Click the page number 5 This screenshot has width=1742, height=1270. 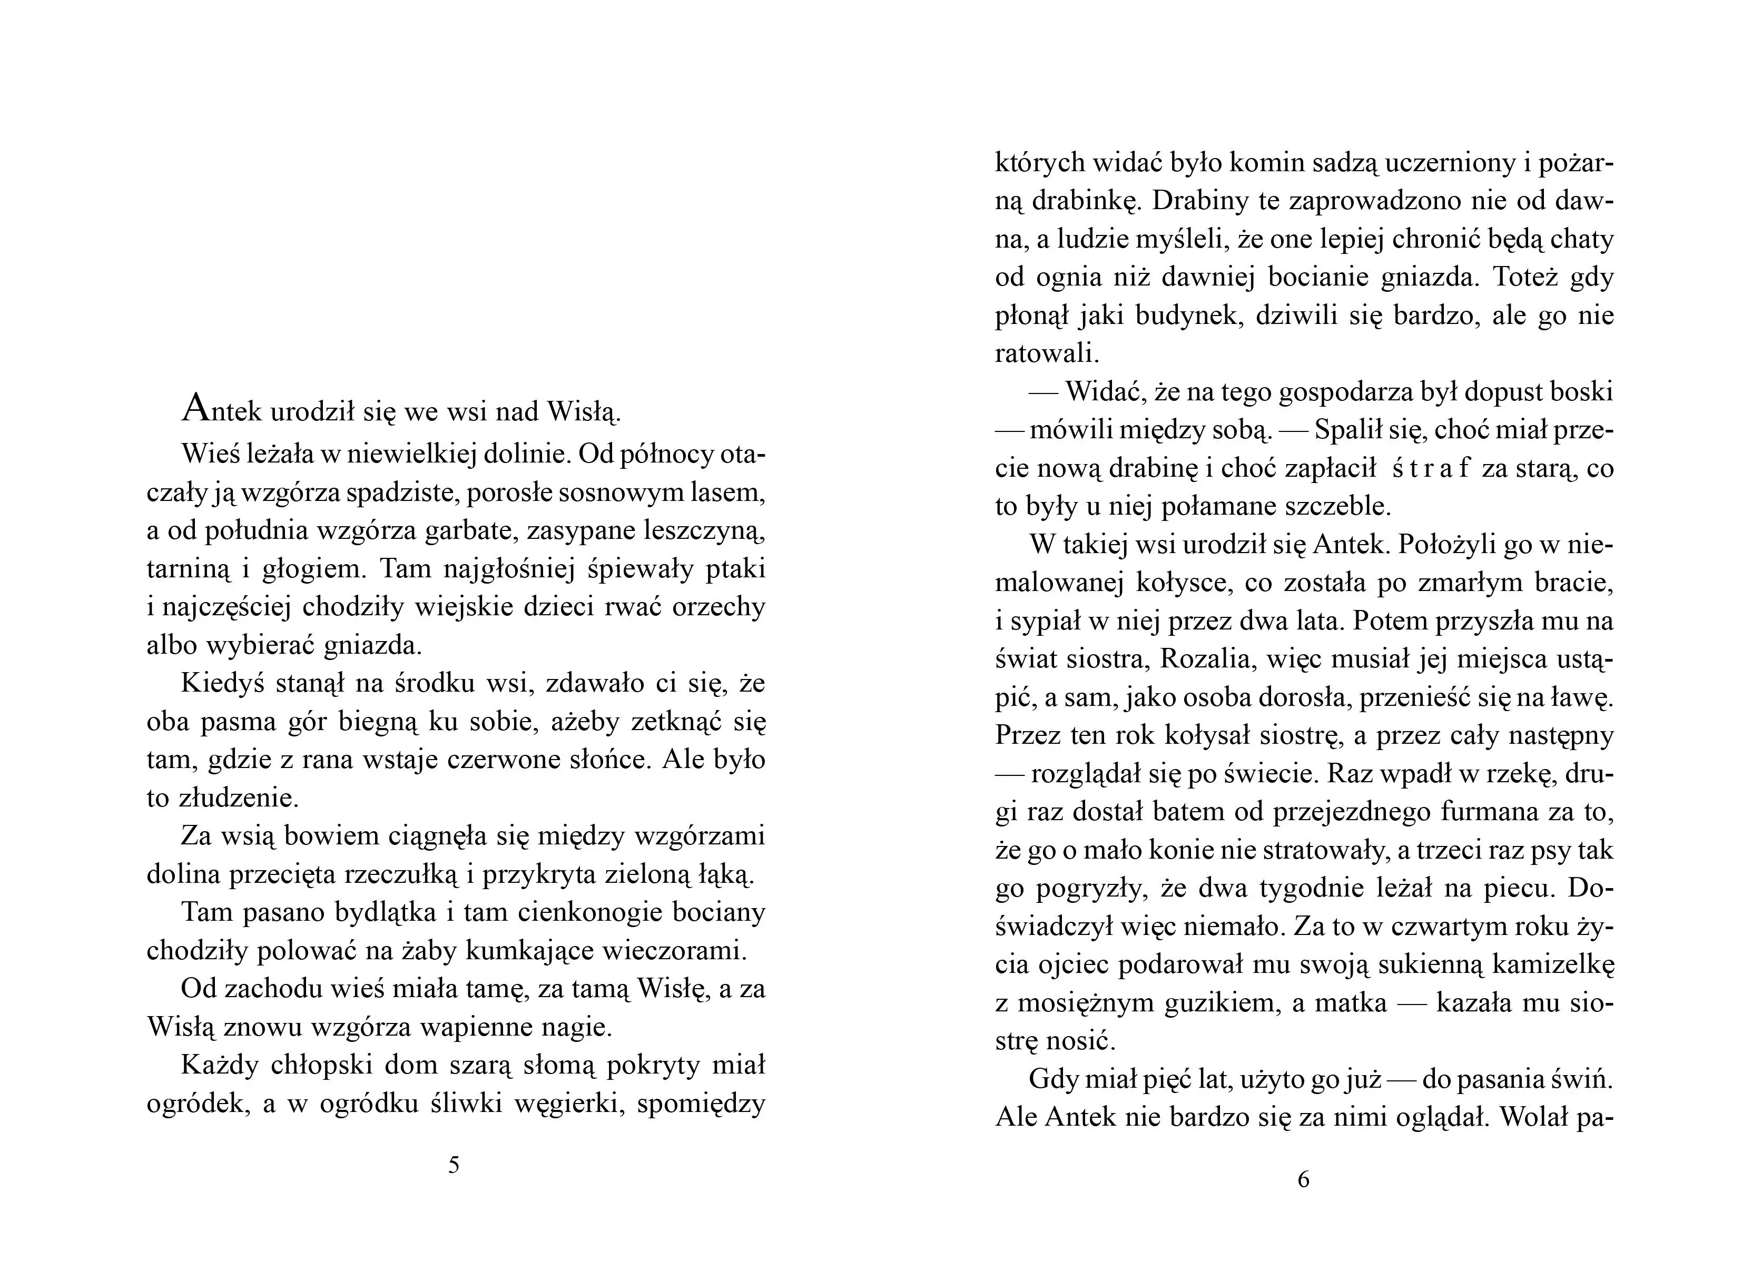pos(454,1166)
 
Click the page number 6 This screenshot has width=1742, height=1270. pos(1303,1179)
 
